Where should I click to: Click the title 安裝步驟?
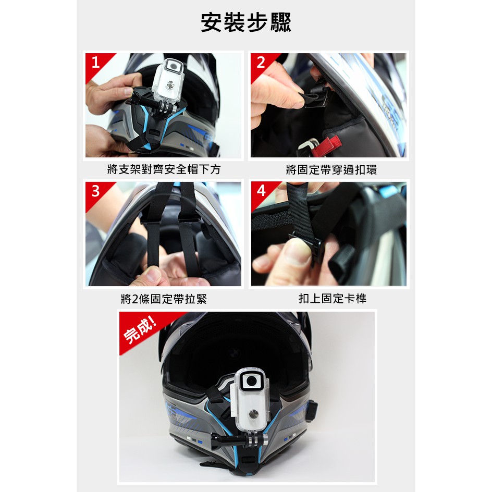click(x=245, y=22)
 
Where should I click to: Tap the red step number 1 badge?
click(x=95, y=63)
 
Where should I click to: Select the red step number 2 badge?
click(x=261, y=63)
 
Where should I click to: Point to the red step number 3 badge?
click(x=95, y=191)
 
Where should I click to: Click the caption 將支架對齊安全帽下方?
click(x=164, y=169)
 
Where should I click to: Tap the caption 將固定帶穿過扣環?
click(x=331, y=170)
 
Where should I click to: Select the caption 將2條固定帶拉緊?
click(x=164, y=299)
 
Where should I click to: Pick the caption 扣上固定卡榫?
click(x=333, y=299)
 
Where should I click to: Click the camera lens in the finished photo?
click(x=252, y=381)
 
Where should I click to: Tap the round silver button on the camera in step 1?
click(x=170, y=84)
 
